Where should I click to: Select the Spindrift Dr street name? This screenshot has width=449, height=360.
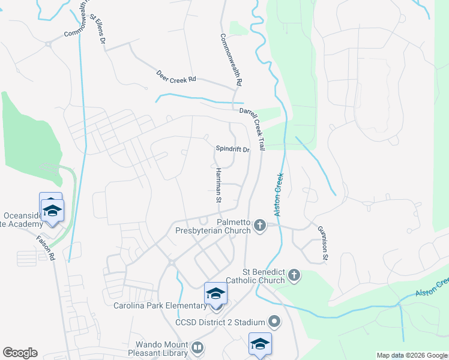232,149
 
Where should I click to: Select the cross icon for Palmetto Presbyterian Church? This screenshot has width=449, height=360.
260,226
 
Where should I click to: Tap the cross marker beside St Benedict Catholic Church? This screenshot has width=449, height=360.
294,275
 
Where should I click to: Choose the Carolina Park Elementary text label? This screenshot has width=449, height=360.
159,306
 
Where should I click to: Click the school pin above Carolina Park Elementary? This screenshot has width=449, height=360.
216,294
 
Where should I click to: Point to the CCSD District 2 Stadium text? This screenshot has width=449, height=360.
220,322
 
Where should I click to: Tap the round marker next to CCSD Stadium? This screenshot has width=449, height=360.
275,322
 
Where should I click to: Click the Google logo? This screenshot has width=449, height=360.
20,353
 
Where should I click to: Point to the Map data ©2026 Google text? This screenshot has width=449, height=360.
411,355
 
